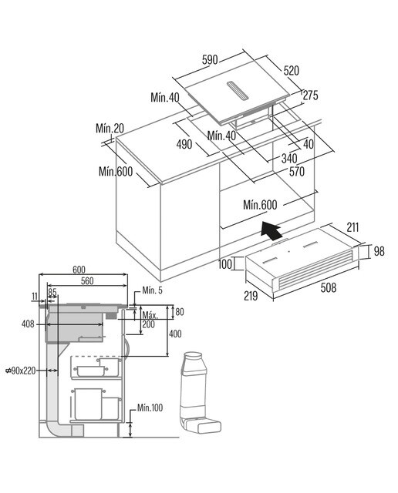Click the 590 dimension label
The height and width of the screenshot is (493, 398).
[x=210, y=59]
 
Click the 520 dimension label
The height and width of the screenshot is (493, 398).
[x=292, y=70]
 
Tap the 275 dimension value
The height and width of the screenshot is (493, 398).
[x=311, y=96]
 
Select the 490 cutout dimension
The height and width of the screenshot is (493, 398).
[x=184, y=144]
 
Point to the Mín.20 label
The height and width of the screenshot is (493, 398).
[x=110, y=129]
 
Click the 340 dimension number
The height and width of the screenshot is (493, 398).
[x=289, y=159]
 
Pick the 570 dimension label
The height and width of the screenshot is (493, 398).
[x=297, y=172]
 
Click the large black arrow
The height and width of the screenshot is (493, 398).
[x=271, y=230]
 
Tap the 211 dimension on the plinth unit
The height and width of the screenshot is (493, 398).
[x=352, y=227]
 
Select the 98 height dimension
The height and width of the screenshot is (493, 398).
[x=379, y=251]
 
